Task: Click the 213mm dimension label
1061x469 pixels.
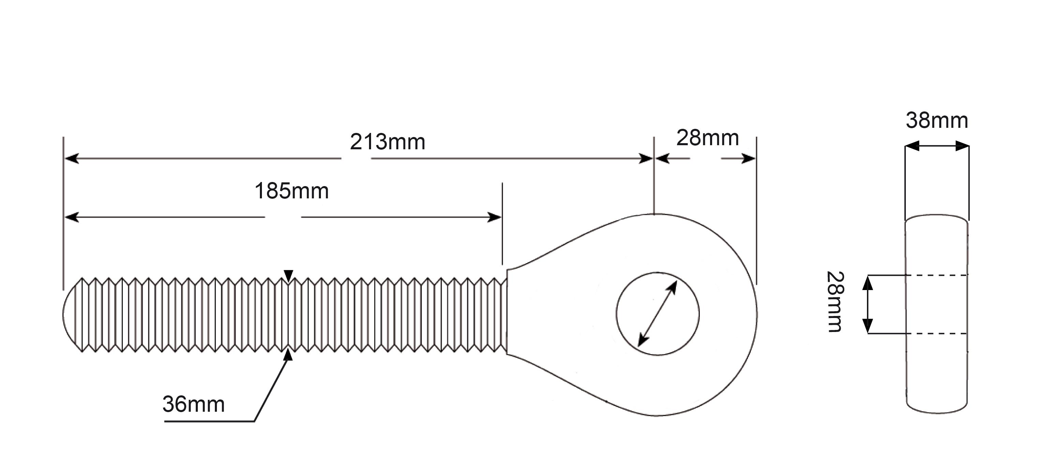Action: point(387,142)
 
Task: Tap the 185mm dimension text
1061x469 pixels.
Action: point(292,192)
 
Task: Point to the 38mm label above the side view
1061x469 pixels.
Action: point(937,121)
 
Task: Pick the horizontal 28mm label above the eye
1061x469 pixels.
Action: point(708,138)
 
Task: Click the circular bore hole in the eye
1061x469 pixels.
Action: point(657,272)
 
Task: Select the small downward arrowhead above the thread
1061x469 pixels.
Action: point(288,276)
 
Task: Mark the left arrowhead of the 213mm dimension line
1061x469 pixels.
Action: point(72,158)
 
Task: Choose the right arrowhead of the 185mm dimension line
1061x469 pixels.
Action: point(494,217)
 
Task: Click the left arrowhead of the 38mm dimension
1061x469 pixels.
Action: point(912,146)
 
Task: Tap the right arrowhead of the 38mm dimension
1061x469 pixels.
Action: point(962,146)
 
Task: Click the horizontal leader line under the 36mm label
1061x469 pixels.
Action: point(209,421)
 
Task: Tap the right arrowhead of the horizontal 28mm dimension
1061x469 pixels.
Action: point(748,158)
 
